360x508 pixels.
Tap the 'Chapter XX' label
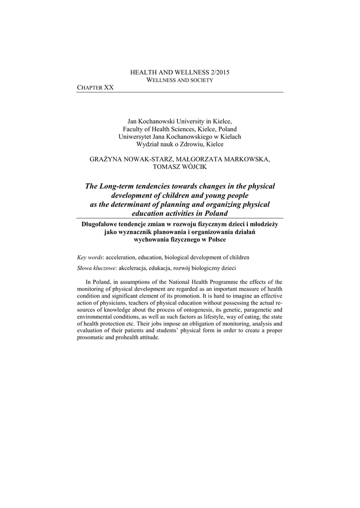95,87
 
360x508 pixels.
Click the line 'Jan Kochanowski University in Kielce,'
180,121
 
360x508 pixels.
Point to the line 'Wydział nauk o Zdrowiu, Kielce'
180,144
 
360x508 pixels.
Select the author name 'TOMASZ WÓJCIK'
180,167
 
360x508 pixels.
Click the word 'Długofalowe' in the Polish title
103,224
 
